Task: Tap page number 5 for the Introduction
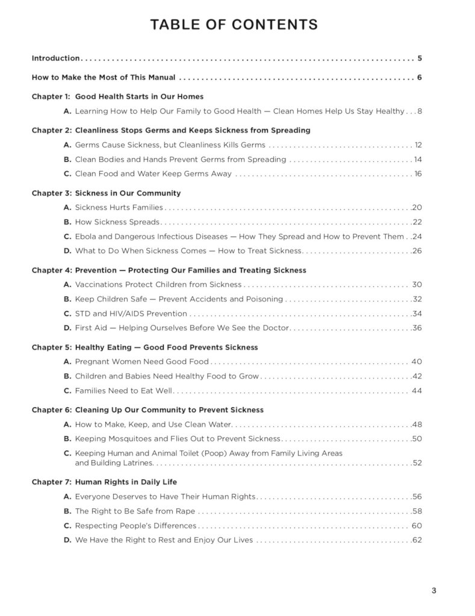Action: click(419, 58)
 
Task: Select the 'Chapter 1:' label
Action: click(51, 96)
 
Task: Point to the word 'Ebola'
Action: click(86, 236)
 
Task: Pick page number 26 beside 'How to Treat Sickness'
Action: click(417, 251)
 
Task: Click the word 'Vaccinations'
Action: click(98, 285)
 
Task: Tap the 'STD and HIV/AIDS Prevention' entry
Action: click(131, 313)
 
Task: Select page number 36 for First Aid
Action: click(417, 328)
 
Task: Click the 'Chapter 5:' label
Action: click(51, 347)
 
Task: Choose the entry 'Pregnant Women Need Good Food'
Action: click(141, 362)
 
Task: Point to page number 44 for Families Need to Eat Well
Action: click(417, 390)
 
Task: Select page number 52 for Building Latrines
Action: click(417, 463)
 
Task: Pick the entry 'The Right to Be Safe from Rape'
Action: click(135, 511)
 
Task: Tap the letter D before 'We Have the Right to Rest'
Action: click(67, 540)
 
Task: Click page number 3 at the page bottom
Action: click(433, 590)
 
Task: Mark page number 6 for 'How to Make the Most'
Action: click(419, 78)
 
